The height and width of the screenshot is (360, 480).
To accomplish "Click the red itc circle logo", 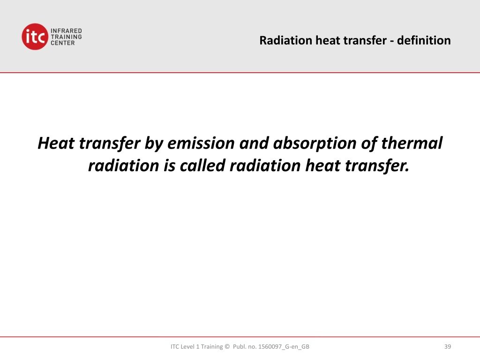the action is pos(35,37).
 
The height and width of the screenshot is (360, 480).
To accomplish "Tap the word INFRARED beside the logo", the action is pos(66,31).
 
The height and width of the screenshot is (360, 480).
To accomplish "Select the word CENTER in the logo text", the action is pos(63,43).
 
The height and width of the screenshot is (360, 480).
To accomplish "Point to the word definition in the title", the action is pos(424,40).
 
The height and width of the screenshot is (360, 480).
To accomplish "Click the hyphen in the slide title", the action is pos(392,41).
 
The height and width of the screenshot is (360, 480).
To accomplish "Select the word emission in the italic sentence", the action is pos(201,143).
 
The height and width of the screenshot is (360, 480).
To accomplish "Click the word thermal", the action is pos(412,143).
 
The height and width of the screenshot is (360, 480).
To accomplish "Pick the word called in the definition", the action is pos(202,165).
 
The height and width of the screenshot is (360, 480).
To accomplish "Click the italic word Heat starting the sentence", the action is pos(56,143).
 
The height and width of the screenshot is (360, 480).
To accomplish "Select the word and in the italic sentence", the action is pos(254,143).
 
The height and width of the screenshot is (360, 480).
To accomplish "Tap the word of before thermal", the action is pos(369,144).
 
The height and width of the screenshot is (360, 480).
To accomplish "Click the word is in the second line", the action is pos(169,165).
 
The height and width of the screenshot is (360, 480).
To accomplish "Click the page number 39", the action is pos(448,346).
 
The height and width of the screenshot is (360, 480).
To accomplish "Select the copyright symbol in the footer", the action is pos(227,346).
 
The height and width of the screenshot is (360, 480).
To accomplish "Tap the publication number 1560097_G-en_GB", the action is pos(284,347).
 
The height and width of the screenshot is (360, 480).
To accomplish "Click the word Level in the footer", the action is pos(187,346).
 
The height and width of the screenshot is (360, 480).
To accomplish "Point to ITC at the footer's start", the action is pos(175,346).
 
